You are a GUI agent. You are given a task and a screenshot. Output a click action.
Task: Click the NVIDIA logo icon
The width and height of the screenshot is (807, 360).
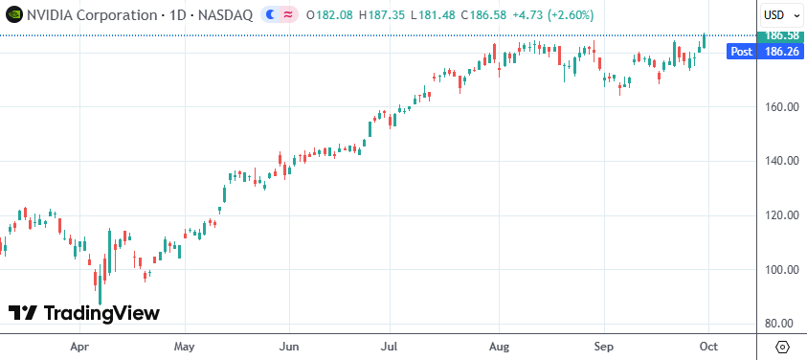[x=12, y=15]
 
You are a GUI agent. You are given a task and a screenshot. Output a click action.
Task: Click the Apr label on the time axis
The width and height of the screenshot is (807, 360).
[x=80, y=346]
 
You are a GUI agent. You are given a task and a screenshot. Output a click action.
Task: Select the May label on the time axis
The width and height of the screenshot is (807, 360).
[x=185, y=346]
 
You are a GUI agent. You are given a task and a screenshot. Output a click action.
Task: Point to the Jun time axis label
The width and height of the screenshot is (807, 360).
[x=288, y=346]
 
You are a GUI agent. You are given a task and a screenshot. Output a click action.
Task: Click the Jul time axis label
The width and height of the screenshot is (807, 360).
[x=390, y=346]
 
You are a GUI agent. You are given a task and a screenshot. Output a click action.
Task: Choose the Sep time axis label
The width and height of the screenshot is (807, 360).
[x=602, y=346]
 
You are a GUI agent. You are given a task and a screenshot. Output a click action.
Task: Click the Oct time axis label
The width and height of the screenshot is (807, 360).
[x=708, y=346]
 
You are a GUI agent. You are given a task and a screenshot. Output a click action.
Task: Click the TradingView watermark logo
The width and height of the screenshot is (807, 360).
[x=84, y=313]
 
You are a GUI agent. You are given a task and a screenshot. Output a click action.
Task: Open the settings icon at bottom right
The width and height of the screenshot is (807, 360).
[x=783, y=346]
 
